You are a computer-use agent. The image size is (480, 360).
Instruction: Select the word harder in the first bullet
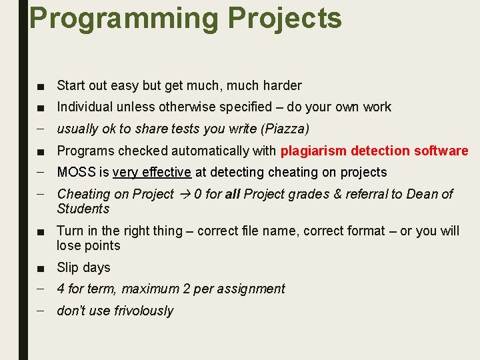[282, 85]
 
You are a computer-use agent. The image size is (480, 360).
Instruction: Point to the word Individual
[86, 107]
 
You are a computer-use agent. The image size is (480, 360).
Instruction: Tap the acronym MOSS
[76, 172]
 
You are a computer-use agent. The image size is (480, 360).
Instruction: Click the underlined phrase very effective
[152, 172]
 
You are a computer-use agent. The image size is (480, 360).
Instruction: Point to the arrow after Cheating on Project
[184, 194]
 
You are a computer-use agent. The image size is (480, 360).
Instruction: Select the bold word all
[233, 194]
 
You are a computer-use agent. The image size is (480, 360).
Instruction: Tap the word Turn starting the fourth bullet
[70, 231]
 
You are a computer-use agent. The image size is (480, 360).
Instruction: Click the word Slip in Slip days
[68, 267]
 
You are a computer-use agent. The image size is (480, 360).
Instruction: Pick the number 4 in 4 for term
[61, 289]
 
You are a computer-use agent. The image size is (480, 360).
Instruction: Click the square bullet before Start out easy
[41, 86]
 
